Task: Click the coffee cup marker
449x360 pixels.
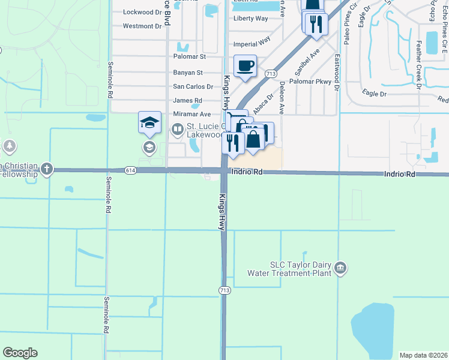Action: tap(245, 65)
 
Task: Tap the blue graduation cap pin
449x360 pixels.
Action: tap(150, 123)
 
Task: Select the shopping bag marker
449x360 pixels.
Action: tap(254, 139)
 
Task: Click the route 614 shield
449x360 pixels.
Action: tap(130, 170)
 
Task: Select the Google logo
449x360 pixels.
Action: tap(20, 353)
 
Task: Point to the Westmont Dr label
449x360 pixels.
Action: tap(142, 26)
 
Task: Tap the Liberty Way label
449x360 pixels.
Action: tap(250, 19)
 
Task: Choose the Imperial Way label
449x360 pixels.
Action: tap(252, 43)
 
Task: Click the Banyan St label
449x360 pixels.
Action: tap(188, 73)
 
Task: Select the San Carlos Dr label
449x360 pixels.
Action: tap(193, 86)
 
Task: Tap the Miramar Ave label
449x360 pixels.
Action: tap(192, 114)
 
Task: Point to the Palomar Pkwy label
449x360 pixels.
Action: tap(310, 81)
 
